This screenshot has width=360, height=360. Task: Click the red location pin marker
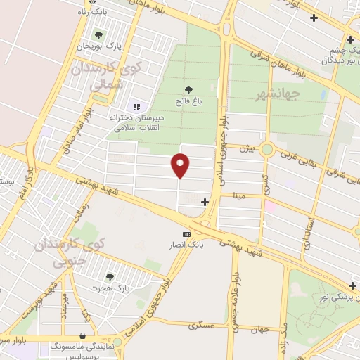point(181,166)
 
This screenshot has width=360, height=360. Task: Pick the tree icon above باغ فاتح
point(188,89)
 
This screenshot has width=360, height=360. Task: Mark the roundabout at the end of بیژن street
point(266,149)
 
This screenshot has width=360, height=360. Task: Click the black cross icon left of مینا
point(205,202)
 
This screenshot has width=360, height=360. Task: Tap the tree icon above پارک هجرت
point(108,277)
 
